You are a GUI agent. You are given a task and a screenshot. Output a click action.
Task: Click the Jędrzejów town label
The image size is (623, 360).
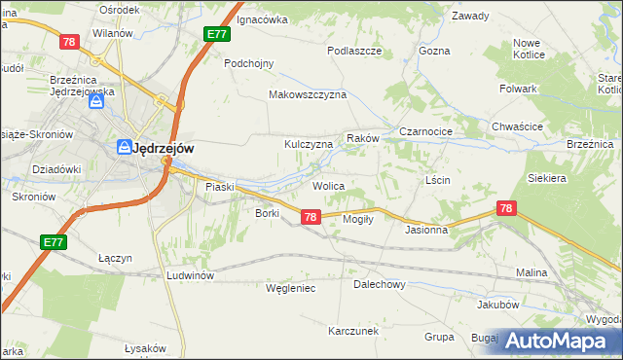(164, 148)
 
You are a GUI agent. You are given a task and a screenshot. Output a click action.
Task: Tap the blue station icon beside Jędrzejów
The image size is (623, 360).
(124, 148)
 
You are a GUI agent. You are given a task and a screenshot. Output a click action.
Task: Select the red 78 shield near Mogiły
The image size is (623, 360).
(310, 217)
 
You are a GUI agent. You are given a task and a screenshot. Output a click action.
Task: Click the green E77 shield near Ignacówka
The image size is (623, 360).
(217, 34)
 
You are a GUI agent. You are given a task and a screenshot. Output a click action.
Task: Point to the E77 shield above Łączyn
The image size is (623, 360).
(54, 241)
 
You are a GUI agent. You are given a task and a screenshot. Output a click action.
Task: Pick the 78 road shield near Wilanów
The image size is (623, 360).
(68, 42)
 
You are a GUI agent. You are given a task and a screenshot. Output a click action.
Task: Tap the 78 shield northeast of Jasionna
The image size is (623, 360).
(505, 208)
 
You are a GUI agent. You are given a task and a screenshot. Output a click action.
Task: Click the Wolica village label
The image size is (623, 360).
(328, 184)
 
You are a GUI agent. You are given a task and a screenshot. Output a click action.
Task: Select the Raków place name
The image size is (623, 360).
(361, 139)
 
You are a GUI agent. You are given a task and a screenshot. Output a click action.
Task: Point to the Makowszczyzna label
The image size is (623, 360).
(308, 95)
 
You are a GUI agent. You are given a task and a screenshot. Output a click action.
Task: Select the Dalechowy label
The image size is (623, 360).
(379, 285)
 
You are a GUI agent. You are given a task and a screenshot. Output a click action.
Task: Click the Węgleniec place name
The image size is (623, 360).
(291, 288)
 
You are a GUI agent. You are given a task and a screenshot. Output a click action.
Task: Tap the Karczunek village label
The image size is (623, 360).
(353, 331)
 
